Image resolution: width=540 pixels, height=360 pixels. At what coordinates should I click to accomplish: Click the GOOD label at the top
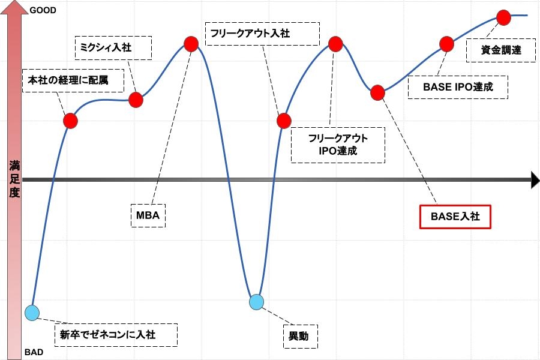(x=43, y=10)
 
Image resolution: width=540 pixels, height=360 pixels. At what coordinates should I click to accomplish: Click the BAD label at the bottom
(x=34, y=352)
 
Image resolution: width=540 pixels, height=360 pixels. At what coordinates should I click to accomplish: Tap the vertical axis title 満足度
(x=14, y=179)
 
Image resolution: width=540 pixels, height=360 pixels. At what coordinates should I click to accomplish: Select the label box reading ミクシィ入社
(x=113, y=48)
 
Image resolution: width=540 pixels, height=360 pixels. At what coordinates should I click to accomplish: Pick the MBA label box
(x=148, y=215)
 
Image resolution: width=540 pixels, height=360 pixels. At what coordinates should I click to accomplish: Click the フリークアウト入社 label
(x=262, y=34)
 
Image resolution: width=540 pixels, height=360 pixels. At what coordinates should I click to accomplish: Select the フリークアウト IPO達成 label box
(x=338, y=145)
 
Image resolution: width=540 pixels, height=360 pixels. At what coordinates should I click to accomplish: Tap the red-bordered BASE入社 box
(x=455, y=217)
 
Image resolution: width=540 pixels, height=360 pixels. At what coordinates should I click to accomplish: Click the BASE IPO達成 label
(x=458, y=87)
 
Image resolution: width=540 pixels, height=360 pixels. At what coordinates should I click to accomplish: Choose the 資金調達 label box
(x=501, y=50)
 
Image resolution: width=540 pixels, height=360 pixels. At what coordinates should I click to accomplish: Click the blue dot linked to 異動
(x=257, y=302)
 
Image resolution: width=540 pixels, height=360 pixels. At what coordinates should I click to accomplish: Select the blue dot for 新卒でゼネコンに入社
(x=32, y=313)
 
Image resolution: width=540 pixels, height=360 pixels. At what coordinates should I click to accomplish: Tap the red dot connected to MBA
(x=191, y=44)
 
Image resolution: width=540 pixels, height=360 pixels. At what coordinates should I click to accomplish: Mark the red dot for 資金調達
(x=503, y=17)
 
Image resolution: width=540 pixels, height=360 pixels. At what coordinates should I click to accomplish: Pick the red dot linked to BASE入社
(x=378, y=92)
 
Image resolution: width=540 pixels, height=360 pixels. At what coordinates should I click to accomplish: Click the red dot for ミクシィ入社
(x=136, y=100)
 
